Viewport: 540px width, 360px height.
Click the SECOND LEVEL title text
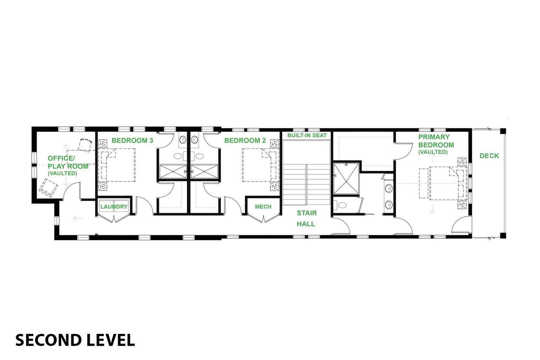click(75, 340)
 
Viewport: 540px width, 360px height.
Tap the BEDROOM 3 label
click(132, 141)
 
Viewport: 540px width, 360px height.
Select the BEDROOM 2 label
click(245, 141)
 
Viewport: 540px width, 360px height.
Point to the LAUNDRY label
click(114, 207)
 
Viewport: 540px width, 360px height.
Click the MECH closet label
click(263, 207)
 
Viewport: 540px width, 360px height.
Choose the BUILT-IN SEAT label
click(307, 135)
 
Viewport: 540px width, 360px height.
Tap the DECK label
click(489, 156)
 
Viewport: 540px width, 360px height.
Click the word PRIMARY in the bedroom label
click(434, 137)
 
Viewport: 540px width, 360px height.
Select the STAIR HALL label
click(306, 219)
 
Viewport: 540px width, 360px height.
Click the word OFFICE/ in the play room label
click(61, 158)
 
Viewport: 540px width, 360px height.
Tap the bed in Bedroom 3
click(118, 165)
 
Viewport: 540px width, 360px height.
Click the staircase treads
click(306, 184)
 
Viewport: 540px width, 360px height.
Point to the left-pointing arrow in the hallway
click(78, 219)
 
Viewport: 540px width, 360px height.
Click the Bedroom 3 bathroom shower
click(173, 172)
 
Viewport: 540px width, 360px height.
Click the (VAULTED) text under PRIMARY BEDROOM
click(433, 152)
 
